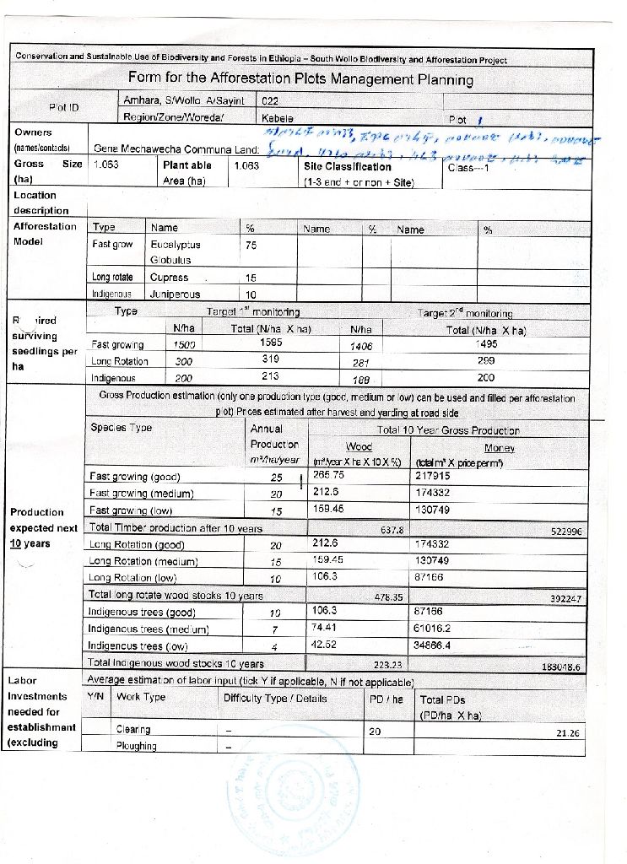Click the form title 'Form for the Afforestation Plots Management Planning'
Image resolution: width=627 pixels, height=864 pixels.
tap(300, 79)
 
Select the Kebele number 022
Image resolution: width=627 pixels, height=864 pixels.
tap(271, 100)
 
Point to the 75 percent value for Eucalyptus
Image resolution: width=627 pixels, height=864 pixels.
tap(251, 244)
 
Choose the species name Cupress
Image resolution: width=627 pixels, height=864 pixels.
tap(169, 278)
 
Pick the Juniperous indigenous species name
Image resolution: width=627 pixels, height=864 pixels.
tap(175, 295)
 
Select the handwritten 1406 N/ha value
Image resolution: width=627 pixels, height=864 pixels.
tap(361, 345)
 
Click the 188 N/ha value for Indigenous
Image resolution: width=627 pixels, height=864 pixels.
tap(360, 379)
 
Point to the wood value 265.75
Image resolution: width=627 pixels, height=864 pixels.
tap(328, 476)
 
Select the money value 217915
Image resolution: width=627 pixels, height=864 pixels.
tap(435, 476)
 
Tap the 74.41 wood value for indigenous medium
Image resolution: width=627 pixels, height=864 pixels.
tap(325, 627)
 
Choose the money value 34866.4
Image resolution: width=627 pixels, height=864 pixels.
tap(438, 644)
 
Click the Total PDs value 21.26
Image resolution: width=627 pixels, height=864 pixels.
tap(569, 732)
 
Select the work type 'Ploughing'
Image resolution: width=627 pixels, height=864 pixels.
tap(136, 746)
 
